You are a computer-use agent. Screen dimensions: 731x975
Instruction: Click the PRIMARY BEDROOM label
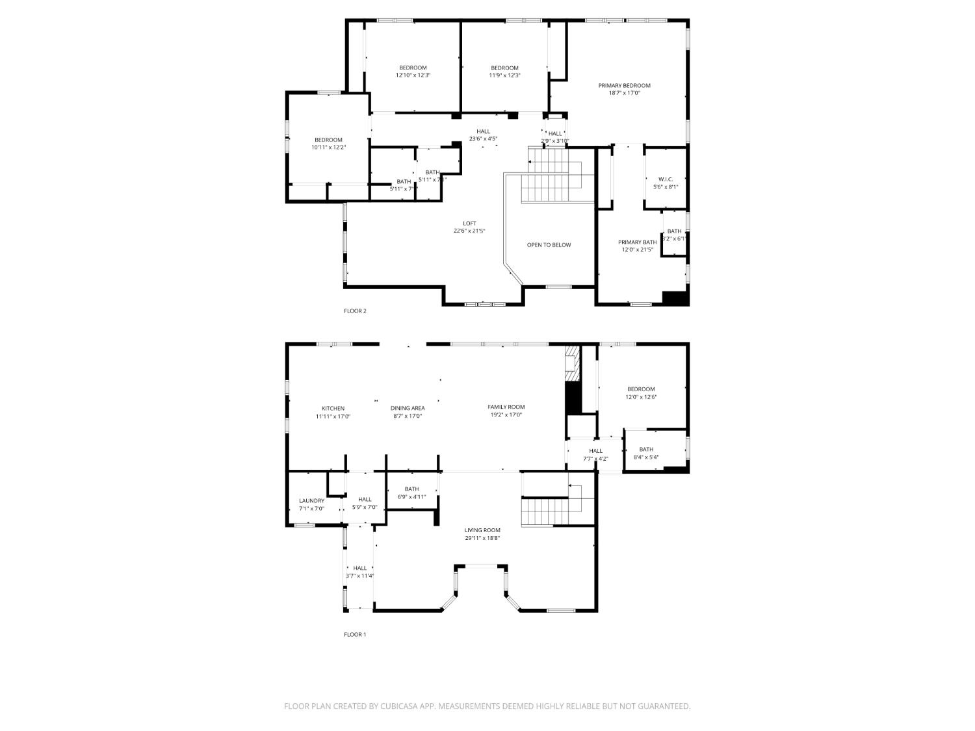pos(624,85)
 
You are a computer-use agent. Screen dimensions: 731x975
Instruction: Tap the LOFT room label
pos(469,224)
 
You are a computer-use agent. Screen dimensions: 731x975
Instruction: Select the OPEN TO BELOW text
pos(549,245)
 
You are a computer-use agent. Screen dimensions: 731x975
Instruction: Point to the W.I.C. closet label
pos(665,179)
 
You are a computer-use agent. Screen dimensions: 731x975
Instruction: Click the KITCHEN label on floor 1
pos(333,409)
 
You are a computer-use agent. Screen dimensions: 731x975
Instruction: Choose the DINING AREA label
pos(408,409)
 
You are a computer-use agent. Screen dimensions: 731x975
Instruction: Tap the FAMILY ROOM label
pos(506,407)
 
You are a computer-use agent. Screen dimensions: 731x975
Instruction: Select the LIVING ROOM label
pos(482,530)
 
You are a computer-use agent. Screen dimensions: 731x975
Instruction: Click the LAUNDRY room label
pos(311,501)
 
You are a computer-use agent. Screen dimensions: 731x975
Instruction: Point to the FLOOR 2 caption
pos(355,311)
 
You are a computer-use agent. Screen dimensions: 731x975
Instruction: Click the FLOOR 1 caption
pos(355,635)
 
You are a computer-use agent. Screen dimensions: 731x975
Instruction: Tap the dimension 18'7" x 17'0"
pos(624,93)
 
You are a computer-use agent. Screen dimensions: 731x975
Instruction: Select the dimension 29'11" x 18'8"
pos(482,538)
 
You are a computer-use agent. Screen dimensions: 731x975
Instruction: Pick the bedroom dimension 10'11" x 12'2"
pos(328,147)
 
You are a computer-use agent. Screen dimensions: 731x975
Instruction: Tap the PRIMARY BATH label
pos(637,242)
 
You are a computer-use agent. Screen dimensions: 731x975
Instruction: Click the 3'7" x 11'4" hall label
pos(359,576)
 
